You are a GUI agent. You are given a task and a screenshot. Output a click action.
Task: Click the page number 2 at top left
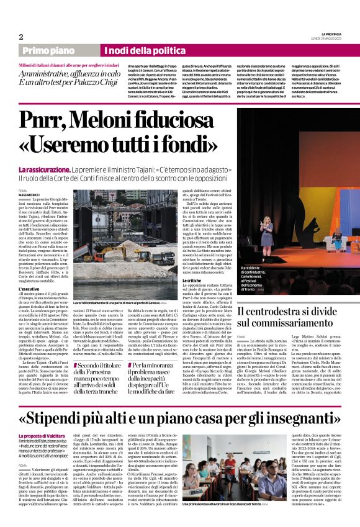pos(21,37)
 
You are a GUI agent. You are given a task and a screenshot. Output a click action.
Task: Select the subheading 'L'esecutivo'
pos(30,289)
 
